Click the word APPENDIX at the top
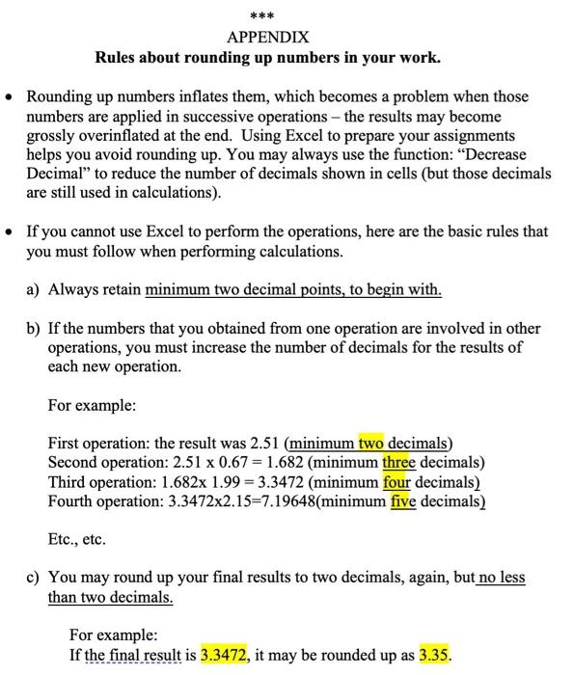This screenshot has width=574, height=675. [267, 38]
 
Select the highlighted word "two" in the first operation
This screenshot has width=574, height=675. [372, 444]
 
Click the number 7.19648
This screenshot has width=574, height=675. [280, 501]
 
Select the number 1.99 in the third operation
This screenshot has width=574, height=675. [203, 482]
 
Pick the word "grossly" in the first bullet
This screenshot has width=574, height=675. [51, 136]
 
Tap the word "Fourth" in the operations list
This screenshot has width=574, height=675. [70, 501]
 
